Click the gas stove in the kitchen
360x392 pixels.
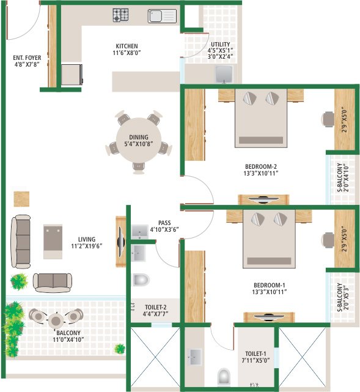(120, 15)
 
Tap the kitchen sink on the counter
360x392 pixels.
(162, 17)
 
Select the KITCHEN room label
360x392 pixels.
(127, 46)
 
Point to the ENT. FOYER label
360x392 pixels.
(27, 57)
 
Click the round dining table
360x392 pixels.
(139, 140)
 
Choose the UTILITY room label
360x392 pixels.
(221, 44)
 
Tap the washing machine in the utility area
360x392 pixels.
(224, 74)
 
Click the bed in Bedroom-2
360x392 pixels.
(261, 118)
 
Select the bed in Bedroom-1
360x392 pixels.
(269, 239)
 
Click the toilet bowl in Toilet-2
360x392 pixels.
(141, 279)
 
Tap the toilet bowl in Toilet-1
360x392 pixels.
(224, 377)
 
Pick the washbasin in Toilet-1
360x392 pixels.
(194, 357)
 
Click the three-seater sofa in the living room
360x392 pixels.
(21, 242)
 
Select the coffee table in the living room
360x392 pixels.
(53, 242)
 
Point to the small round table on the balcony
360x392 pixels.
(56, 320)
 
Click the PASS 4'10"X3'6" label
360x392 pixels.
(164, 226)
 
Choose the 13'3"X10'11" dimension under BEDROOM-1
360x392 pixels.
(270, 292)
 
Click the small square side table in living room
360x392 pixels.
(21, 199)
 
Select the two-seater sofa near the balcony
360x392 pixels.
(53, 283)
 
